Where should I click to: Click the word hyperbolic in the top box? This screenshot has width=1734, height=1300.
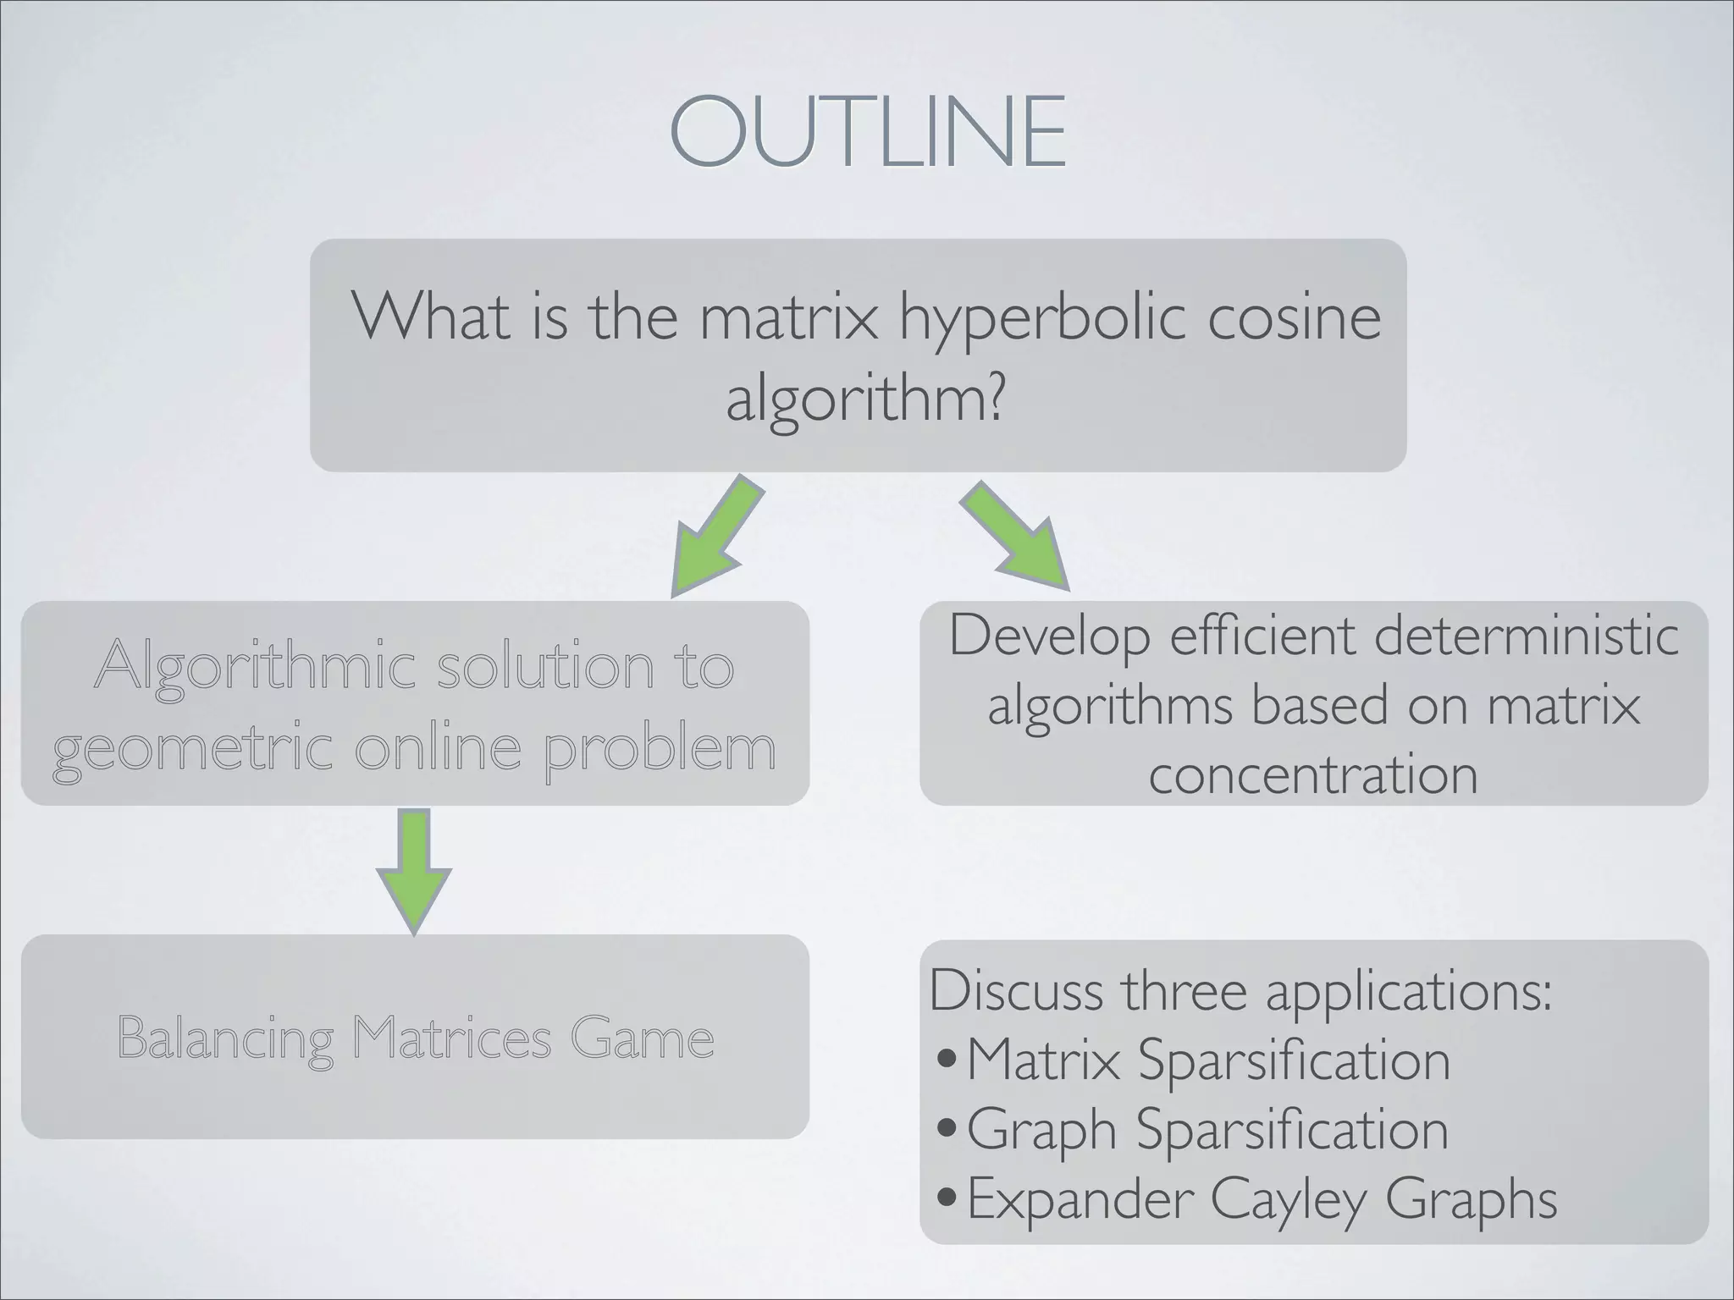point(1043,319)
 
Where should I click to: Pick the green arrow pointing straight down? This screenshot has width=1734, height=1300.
point(414,872)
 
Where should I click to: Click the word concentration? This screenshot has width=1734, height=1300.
point(1313,774)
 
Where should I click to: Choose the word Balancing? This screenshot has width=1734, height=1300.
point(225,1039)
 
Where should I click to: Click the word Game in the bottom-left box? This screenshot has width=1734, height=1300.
point(642,1038)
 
